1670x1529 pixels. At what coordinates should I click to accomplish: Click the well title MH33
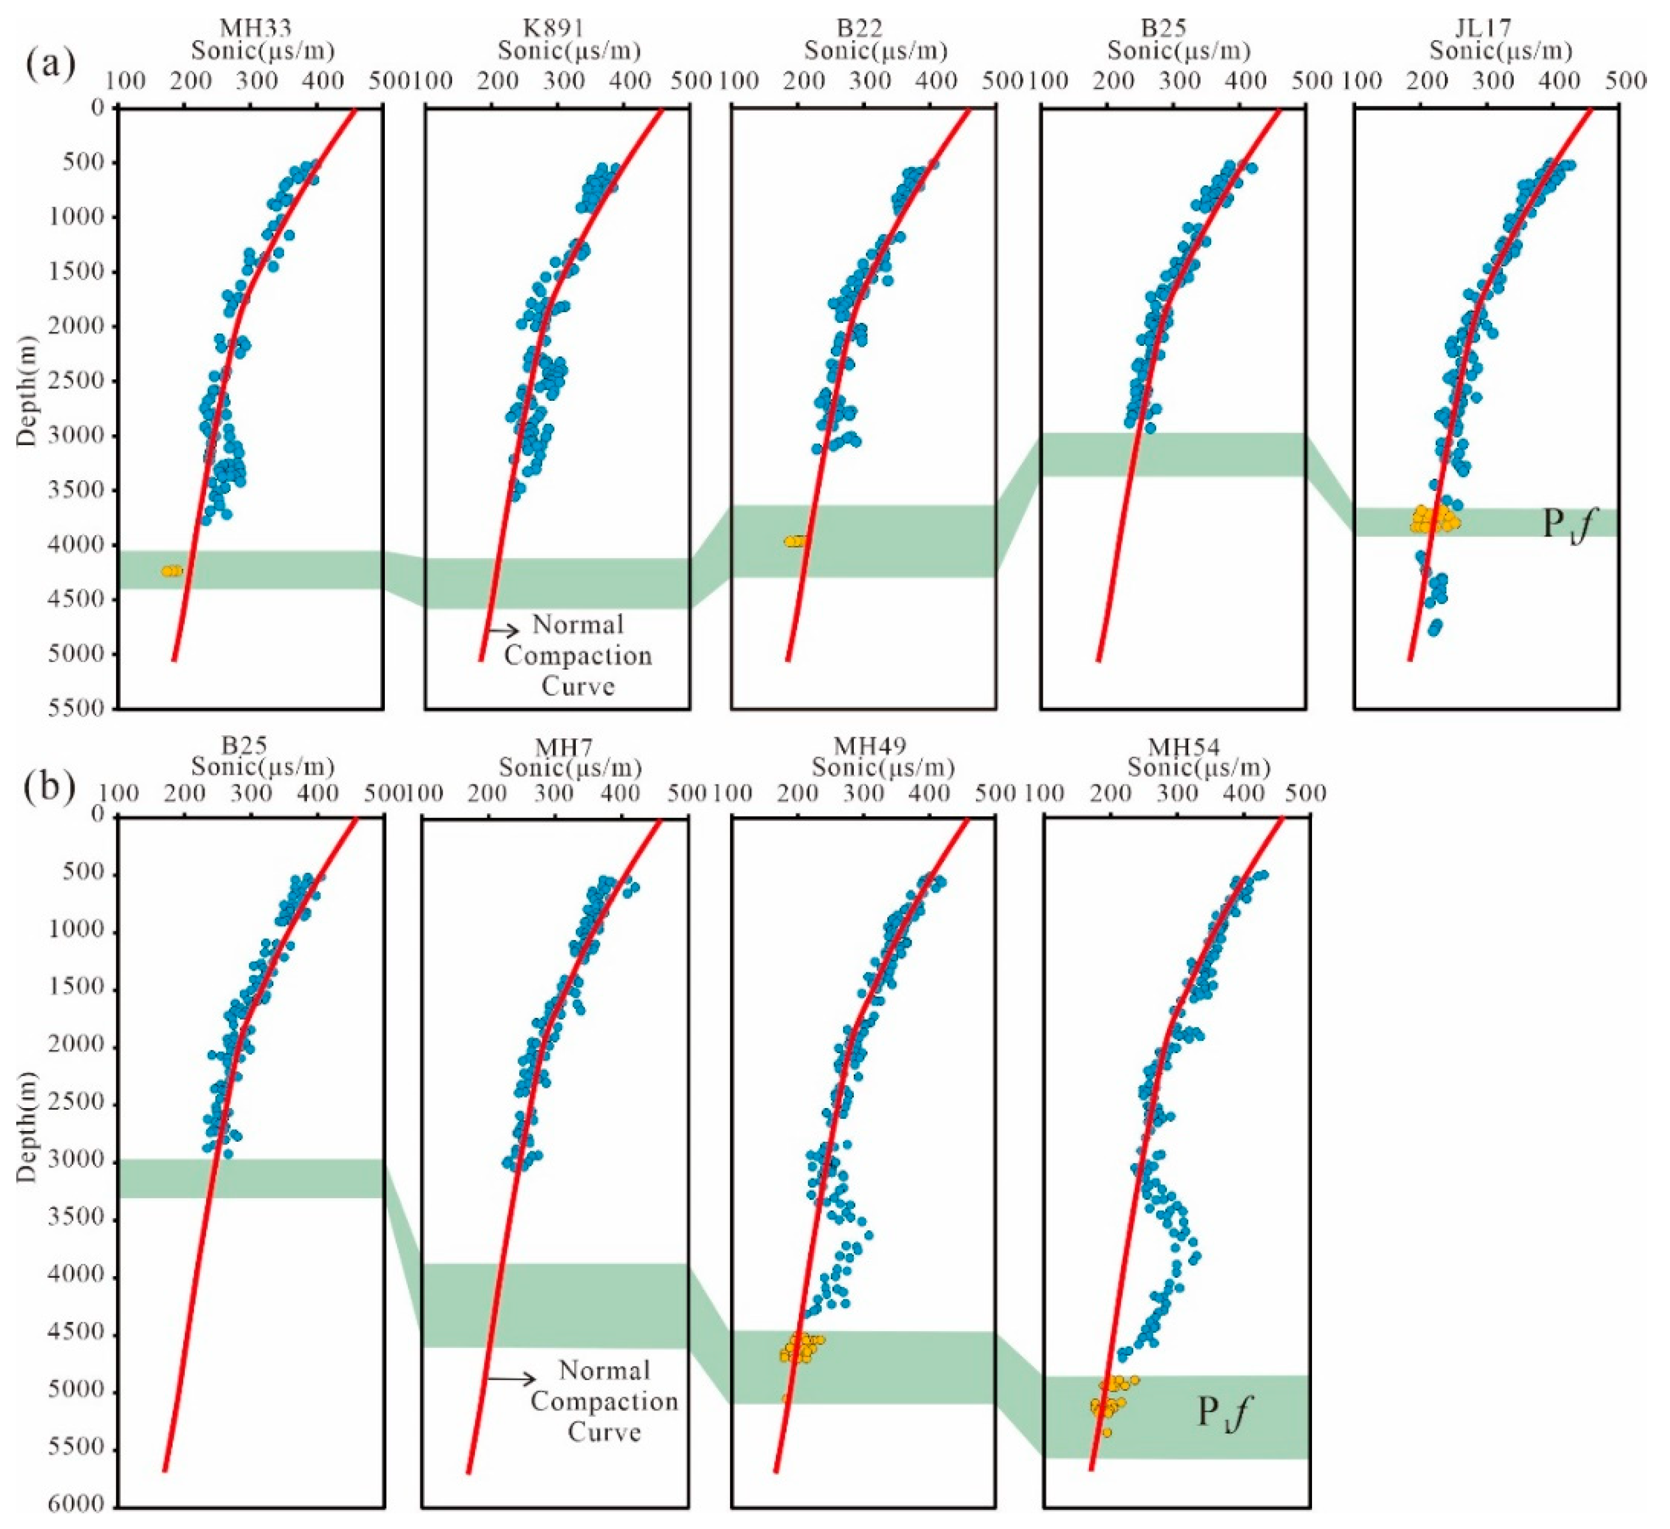255,28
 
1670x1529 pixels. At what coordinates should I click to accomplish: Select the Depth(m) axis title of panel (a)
28,391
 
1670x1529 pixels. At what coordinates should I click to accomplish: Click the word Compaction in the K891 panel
578,656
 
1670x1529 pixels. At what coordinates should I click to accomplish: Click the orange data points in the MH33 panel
171,570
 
